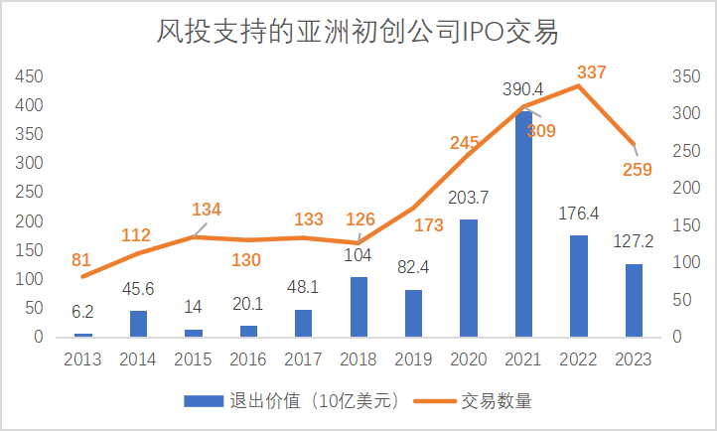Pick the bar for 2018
[x=359, y=307]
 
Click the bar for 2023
[x=633, y=300]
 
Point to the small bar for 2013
[x=83, y=335]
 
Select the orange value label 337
[x=590, y=72]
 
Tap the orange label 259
[x=637, y=169]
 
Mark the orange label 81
[x=80, y=259]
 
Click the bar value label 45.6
[x=137, y=291]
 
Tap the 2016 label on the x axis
[x=248, y=358]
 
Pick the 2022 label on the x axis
[x=577, y=358]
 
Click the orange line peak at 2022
[x=577, y=86]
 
